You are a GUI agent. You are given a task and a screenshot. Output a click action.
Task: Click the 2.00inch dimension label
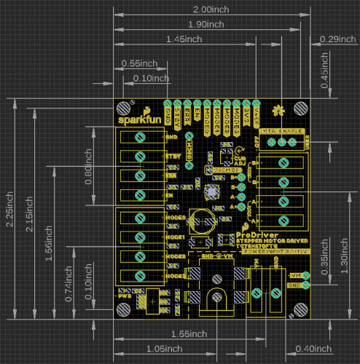point(211,9)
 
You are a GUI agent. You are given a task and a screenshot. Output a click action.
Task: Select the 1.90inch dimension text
point(206,24)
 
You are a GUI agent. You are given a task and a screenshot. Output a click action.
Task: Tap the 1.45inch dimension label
point(184,39)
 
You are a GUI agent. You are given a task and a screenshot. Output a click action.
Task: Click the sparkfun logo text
point(136,119)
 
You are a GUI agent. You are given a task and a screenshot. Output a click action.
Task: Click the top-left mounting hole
point(125,108)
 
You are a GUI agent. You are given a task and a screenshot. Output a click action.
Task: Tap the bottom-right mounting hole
point(299,310)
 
